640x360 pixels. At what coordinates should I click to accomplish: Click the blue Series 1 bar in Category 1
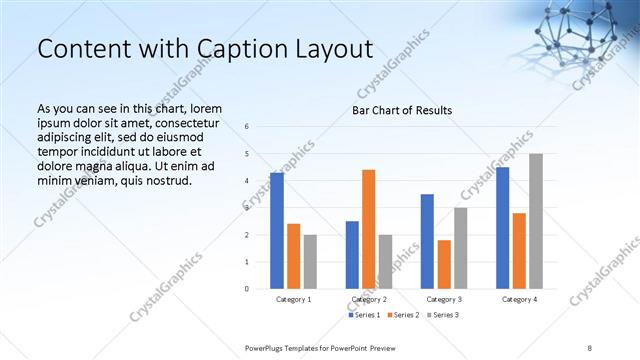[x=277, y=231]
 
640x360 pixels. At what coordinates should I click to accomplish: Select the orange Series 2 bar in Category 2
[x=369, y=229]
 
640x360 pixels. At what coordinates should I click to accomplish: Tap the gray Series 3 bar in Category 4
[x=536, y=221]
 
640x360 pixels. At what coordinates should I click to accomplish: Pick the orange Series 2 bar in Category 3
[x=444, y=264]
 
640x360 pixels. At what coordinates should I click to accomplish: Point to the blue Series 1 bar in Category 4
[x=502, y=228]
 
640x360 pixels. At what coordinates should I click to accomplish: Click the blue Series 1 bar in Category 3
[x=427, y=241]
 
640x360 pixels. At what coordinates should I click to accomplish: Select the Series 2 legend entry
[x=402, y=316]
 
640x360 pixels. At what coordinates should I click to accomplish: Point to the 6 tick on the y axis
[x=247, y=127]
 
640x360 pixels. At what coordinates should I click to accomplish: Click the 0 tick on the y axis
[x=247, y=289]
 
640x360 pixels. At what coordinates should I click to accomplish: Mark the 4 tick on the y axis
[x=247, y=181]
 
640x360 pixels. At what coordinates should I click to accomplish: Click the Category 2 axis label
[x=369, y=299]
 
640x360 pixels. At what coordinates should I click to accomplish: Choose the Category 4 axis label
[x=519, y=299]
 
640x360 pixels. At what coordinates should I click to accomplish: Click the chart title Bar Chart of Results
[x=402, y=110]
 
